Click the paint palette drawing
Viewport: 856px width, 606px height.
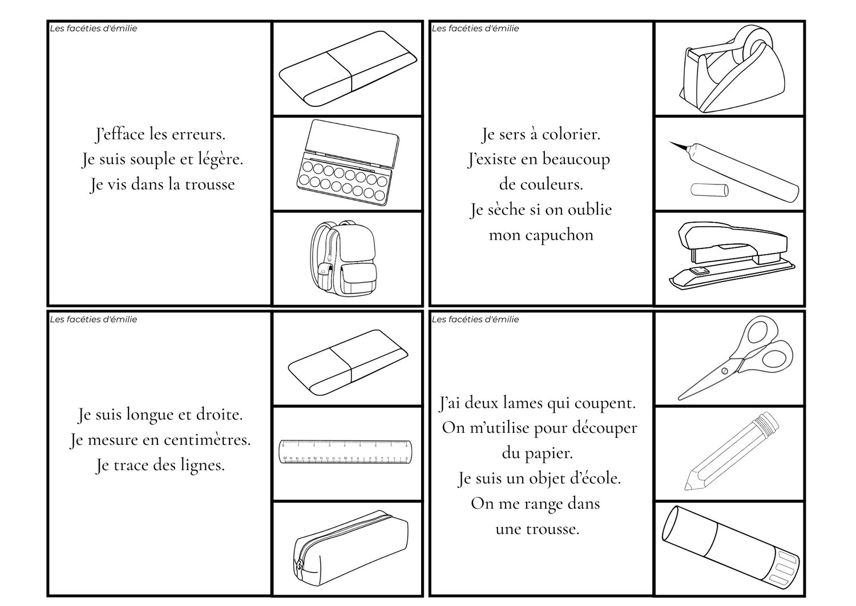point(348,163)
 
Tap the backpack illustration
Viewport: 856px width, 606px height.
point(343,259)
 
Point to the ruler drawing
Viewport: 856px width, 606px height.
point(346,451)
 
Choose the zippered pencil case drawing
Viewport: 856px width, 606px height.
point(350,548)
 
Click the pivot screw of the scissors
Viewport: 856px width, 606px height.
point(725,371)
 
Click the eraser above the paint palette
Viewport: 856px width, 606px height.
point(348,69)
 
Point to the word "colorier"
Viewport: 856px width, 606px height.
point(571,135)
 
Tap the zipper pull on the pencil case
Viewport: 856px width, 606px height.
point(298,566)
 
